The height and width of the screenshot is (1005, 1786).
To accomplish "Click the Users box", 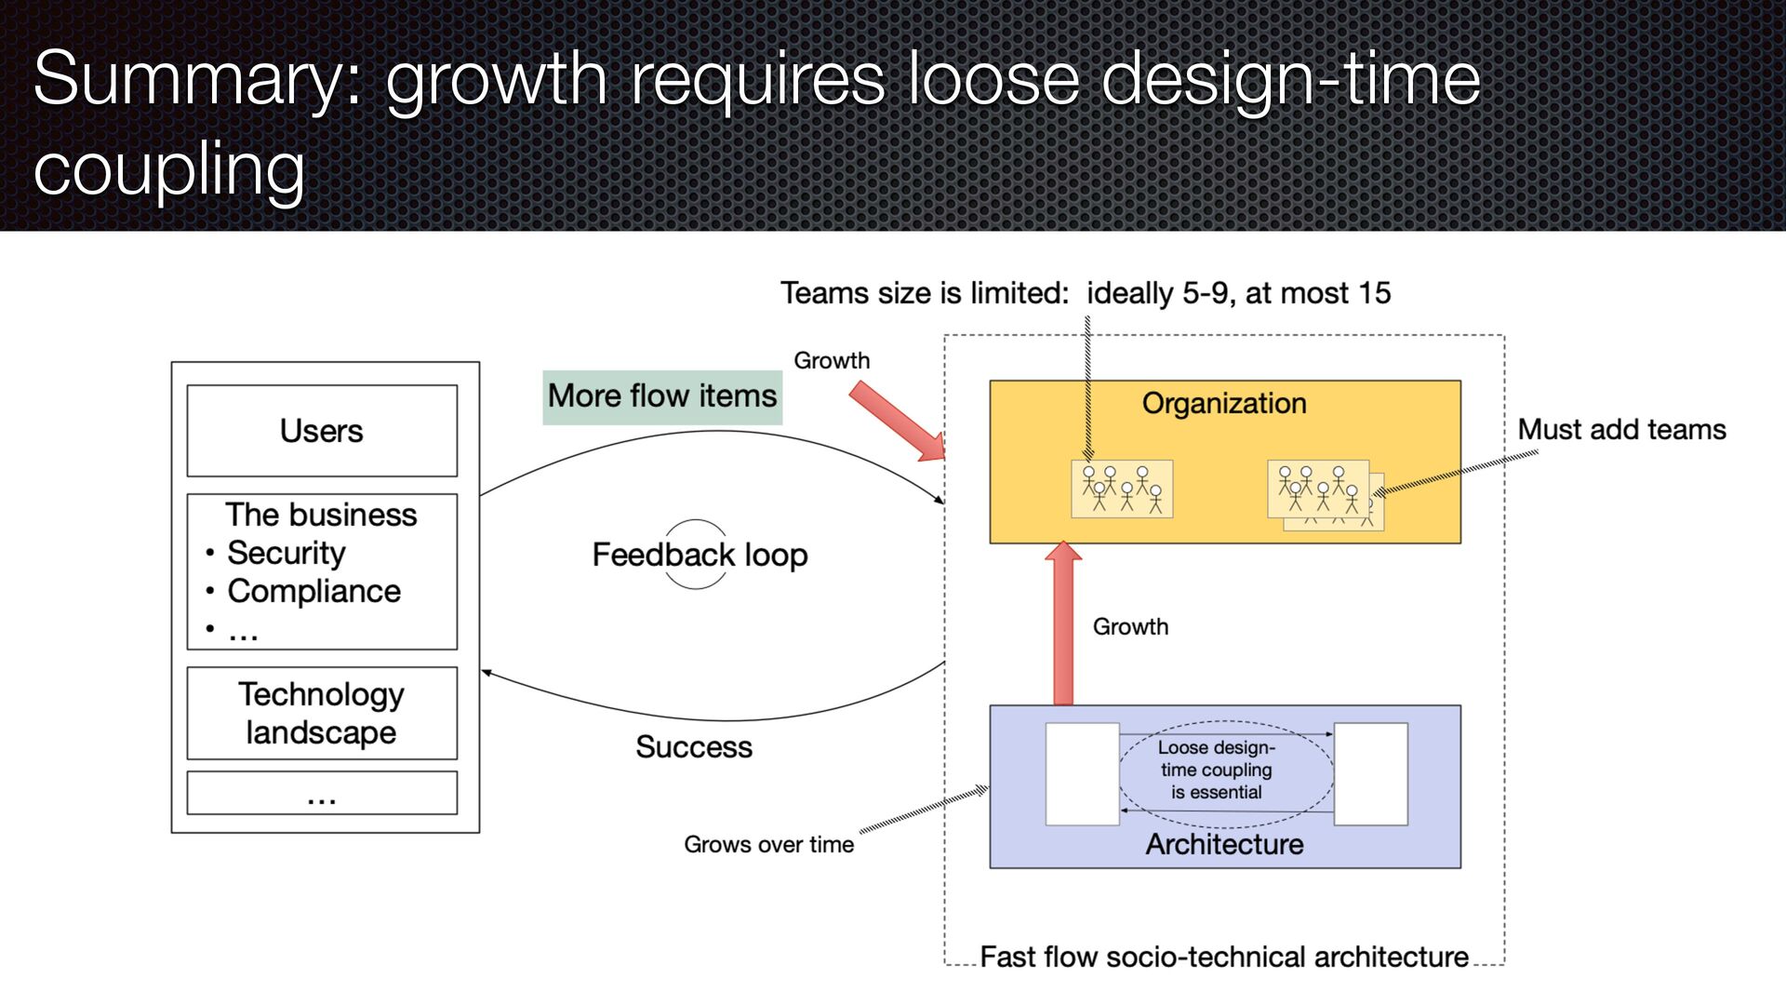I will pyautogui.click(x=322, y=431).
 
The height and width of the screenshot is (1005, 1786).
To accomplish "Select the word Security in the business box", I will pyautogui.click(x=286, y=553).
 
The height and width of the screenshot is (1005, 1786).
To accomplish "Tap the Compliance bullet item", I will pyautogui.click(x=313, y=591).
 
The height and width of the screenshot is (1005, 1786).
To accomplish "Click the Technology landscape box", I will pyautogui.click(x=322, y=713).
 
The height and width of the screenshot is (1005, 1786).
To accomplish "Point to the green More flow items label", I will pyautogui.click(x=662, y=396).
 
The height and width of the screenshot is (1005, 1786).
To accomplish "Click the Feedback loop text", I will pyautogui.click(x=700, y=555).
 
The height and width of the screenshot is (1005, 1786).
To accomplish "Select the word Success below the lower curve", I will pyautogui.click(x=694, y=747).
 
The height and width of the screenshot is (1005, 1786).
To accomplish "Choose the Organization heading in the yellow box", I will pyautogui.click(x=1224, y=403).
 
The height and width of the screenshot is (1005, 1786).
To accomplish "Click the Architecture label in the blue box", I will pyautogui.click(x=1224, y=844).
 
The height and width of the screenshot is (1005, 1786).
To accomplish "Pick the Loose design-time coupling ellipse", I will pyautogui.click(x=1225, y=770).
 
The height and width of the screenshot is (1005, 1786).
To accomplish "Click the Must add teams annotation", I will pyautogui.click(x=1621, y=430).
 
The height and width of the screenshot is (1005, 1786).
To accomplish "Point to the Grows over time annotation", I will pyautogui.click(x=768, y=844).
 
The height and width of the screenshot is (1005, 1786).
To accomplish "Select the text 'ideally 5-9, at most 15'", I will pyautogui.click(x=1238, y=293).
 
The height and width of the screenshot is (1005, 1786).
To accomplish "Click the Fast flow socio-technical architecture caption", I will pyautogui.click(x=1224, y=957).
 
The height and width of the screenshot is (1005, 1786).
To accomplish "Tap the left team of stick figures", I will pyautogui.click(x=1122, y=489).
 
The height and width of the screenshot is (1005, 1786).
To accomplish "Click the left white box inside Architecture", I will pyautogui.click(x=1082, y=774).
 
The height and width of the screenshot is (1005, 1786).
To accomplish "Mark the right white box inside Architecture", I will pyautogui.click(x=1370, y=774).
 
